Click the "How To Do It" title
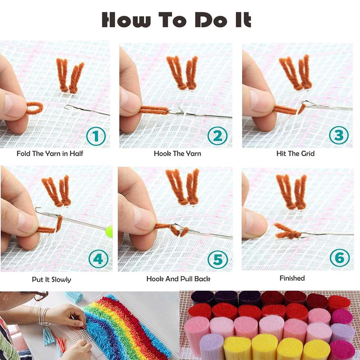[x=176, y=20]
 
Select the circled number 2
[x=218, y=136]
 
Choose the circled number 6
[x=339, y=258]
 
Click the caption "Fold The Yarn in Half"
[x=50, y=154]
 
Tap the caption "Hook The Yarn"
[x=177, y=154]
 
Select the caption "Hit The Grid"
[x=295, y=154]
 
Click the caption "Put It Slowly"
[x=51, y=280]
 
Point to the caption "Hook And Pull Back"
[x=178, y=279]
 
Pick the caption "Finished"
[x=292, y=278]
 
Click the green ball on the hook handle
[x=109, y=231]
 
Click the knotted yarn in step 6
[x=288, y=232]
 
